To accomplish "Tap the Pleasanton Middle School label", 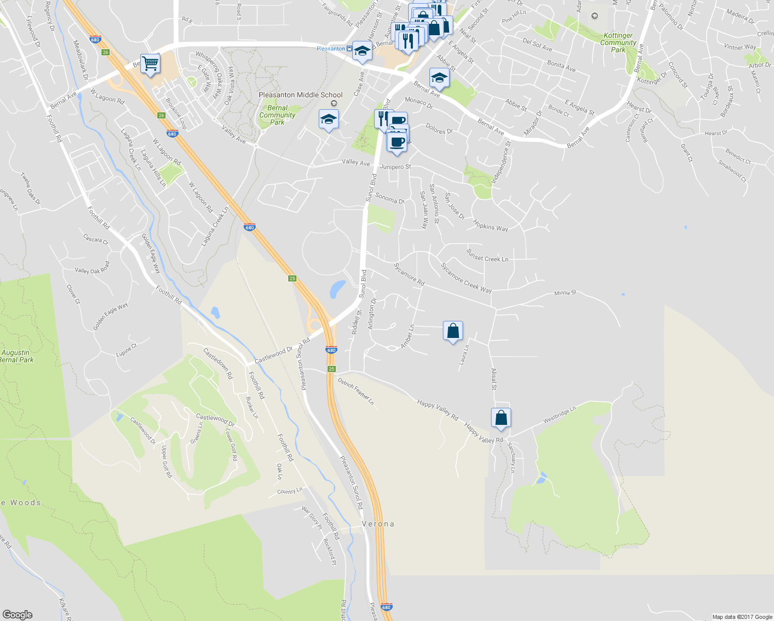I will [x=301, y=95].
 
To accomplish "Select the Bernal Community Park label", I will [x=277, y=115].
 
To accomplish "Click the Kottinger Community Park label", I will [x=618, y=43].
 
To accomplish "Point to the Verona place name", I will [x=378, y=524].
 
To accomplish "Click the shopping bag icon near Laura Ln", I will [x=453, y=331].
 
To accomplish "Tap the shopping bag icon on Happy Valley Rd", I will [x=501, y=418].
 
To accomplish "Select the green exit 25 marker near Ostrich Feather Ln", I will [x=332, y=369].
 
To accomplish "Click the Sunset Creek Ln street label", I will [x=487, y=256].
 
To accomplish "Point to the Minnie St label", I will [x=565, y=293].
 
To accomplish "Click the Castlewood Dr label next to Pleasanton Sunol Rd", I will [x=274, y=355].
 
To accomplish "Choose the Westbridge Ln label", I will [x=559, y=415].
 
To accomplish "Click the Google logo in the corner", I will [x=17, y=615].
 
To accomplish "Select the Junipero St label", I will [x=395, y=167].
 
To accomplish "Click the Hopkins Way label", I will [x=490, y=225].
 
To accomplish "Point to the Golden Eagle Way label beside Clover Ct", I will [x=110, y=317].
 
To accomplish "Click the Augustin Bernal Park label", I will [x=17, y=356].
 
